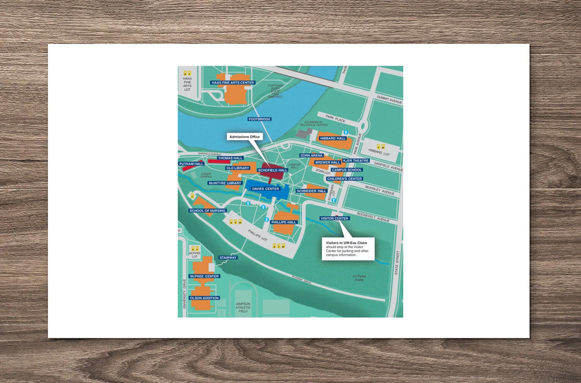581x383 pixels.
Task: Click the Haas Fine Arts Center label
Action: coord(233,82)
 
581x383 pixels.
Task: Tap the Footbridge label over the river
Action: coord(260,119)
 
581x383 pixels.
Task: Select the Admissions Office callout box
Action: coord(244,137)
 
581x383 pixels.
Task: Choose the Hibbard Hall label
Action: coord(333,138)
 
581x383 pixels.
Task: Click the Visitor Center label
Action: coord(334,218)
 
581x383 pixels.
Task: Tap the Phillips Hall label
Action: coord(284,222)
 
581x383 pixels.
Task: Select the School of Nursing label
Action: coord(207,211)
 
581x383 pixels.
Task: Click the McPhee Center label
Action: coord(204,276)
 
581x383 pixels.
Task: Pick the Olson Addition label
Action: coord(204,298)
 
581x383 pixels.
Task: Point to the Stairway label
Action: coord(228,258)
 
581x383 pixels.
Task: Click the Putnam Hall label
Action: coord(191,164)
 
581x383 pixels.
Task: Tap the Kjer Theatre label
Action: coord(356,160)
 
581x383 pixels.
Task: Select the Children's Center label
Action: coord(344,179)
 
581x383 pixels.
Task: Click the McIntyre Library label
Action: coord(225,183)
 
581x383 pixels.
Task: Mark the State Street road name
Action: coord(397,263)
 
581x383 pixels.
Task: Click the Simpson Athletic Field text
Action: coord(243,307)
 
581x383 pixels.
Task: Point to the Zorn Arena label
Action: coord(311,155)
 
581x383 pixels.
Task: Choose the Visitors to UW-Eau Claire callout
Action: coord(348,249)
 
